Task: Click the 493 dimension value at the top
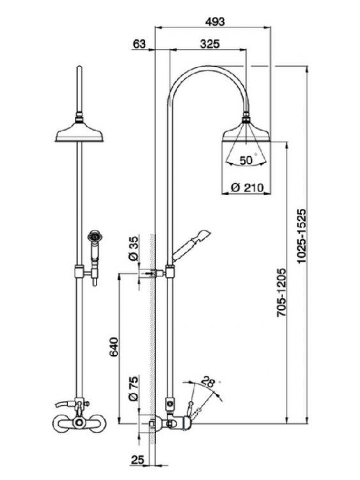tap(215, 22)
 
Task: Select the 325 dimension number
tap(210, 44)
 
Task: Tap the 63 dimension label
tap(139, 44)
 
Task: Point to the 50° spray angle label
tap(247, 160)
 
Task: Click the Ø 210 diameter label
tap(247, 188)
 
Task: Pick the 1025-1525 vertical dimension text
tap(302, 236)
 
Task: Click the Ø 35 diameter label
tap(134, 248)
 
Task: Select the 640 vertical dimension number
tap(113, 347)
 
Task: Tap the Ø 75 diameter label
tap(134, 388)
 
